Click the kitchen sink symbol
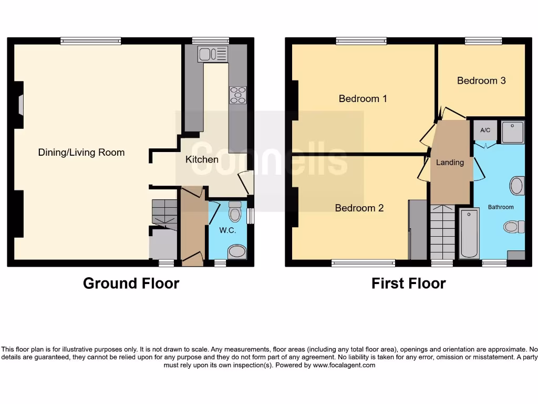[x=213, y=54]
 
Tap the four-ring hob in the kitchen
[x=237, y=95]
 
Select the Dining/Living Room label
[x=81, y=153]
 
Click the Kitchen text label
[x=202, y=159]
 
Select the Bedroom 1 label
[x=363, y=98]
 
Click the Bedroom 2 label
[x=359, y=208]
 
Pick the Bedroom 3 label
[x=481, y=80]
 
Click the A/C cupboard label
[x=485, y=130]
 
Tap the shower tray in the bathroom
[x=512, y=132]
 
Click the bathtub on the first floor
[x=469, y=233]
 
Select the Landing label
[x=450, y=163]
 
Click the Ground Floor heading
[x=131, y=284]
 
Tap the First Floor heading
[x=408, y=284]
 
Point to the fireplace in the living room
[x=20, y=104]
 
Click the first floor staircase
[x=442, y=232]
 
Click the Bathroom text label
[x=501, y=207]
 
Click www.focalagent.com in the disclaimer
[x=344, y=365]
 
